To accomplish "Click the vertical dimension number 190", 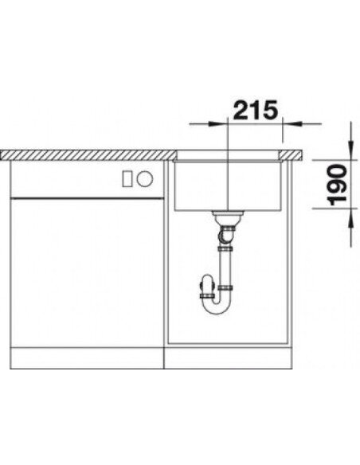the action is [x=338, y=185].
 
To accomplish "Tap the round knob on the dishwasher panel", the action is [x=145, y=179].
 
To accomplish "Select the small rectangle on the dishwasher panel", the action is [x=127, y=179].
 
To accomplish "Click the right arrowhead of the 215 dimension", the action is [x=292, y=123].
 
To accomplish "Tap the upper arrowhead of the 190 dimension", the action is [x=350, y=150].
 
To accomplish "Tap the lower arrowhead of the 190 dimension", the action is [x=350, y=218].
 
